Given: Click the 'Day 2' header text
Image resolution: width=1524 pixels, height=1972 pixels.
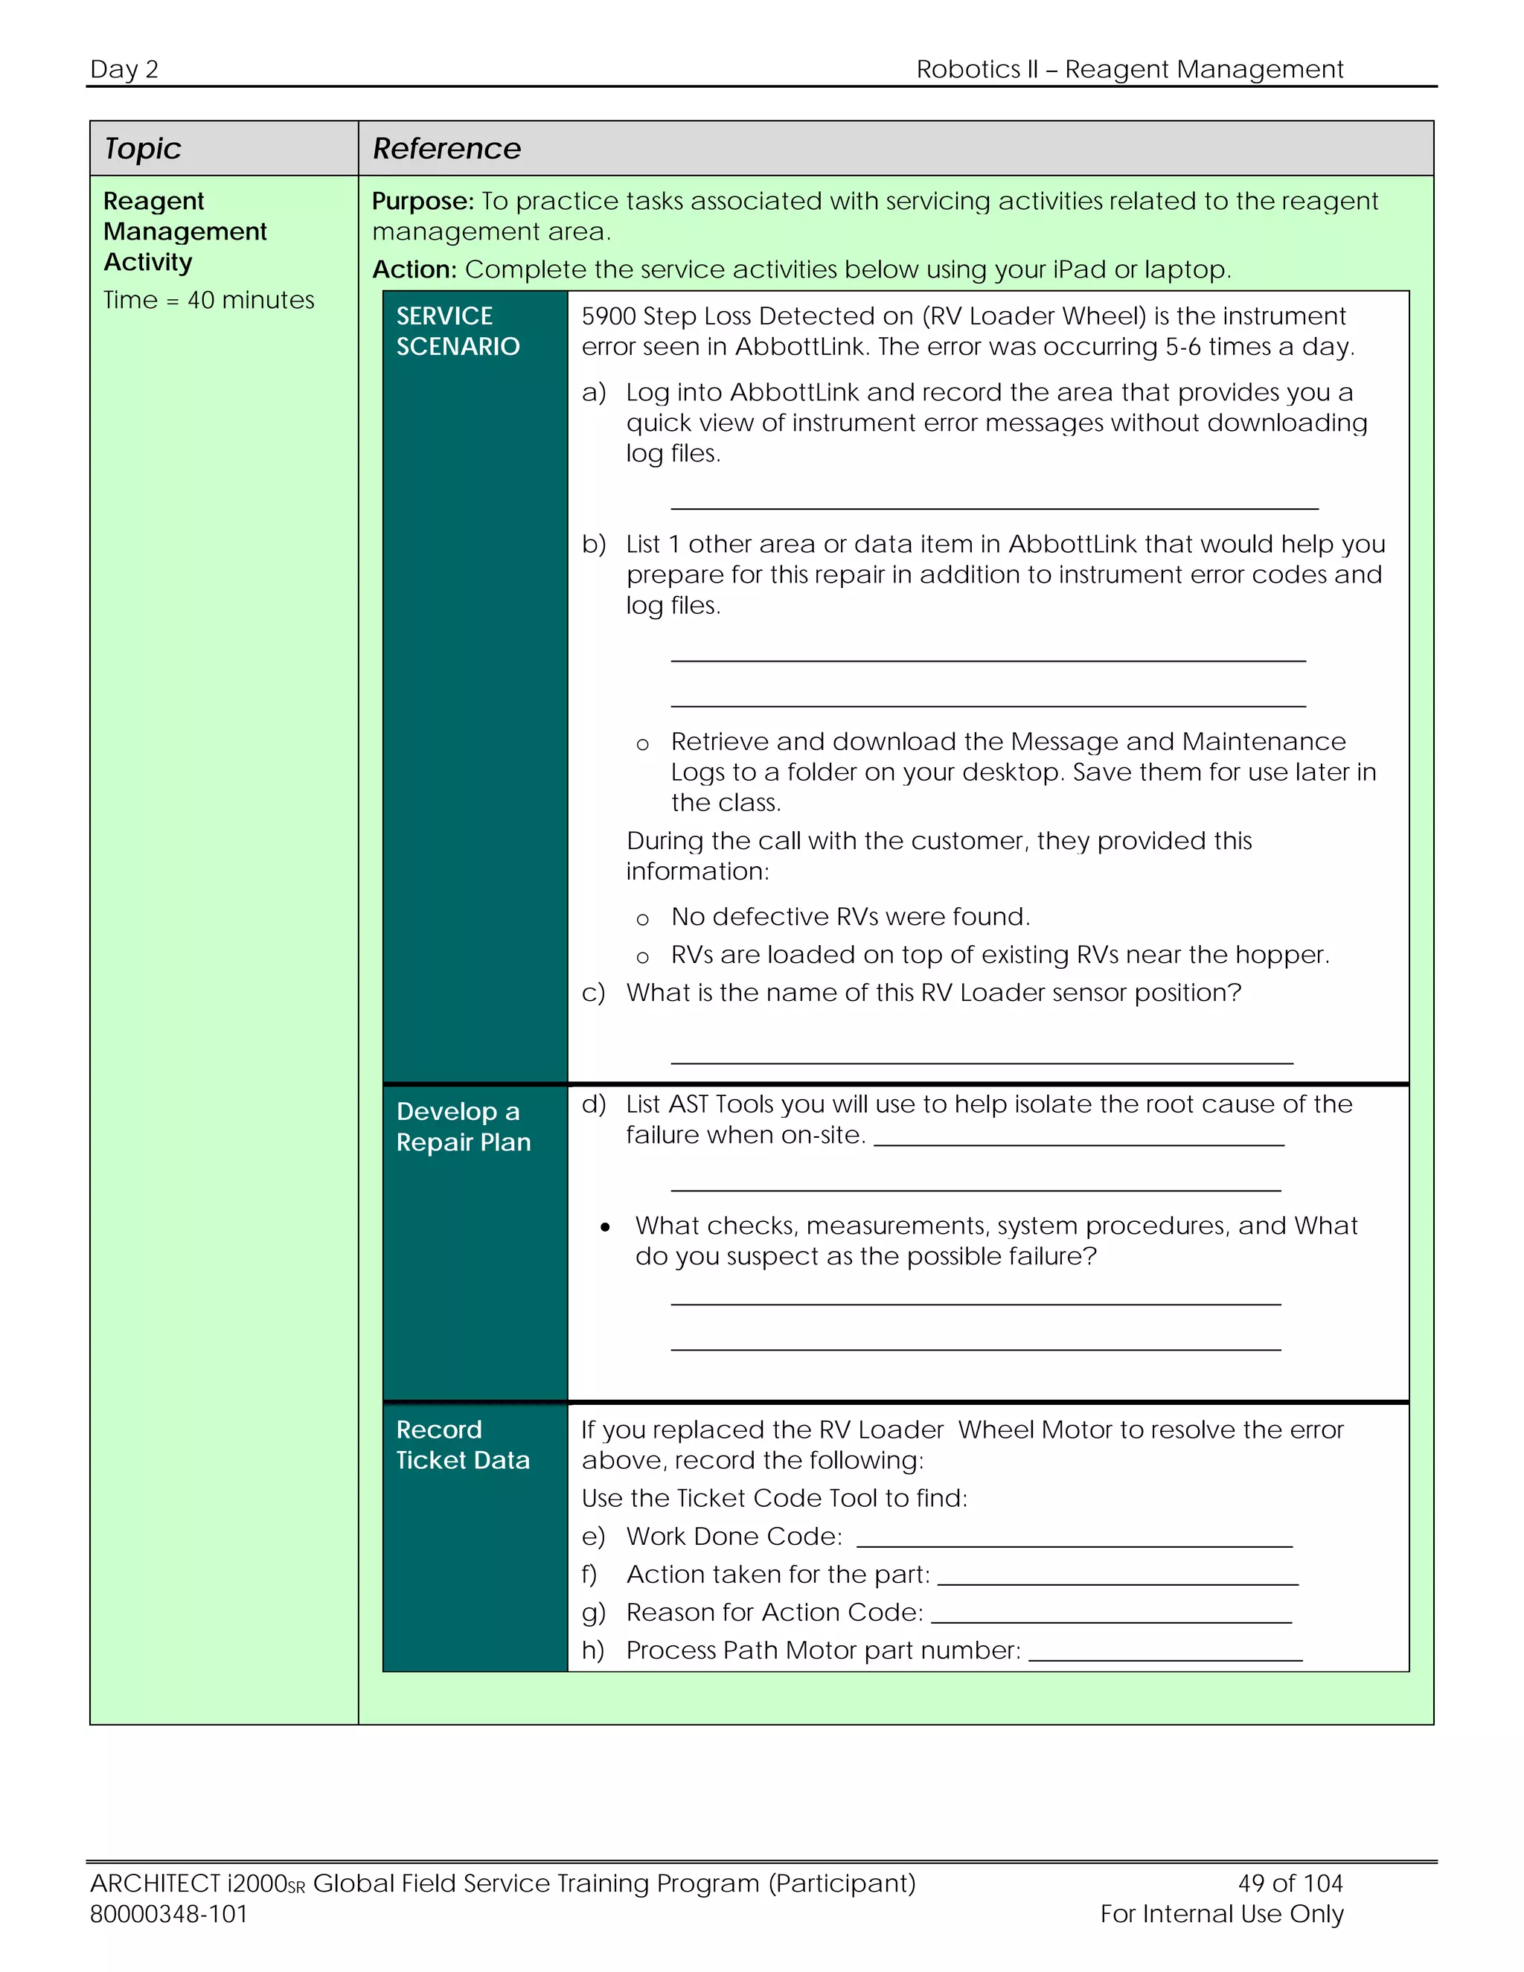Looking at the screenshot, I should tap(124, 69).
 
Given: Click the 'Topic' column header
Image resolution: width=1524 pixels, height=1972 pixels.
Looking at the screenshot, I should tap(143, 148).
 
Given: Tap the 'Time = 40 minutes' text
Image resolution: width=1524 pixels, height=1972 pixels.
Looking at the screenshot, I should tap(208, 300).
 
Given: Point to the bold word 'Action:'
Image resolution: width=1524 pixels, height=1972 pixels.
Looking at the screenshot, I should tap(414, 269).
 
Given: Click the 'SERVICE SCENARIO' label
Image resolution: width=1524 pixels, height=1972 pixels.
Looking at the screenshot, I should tap(458, 330).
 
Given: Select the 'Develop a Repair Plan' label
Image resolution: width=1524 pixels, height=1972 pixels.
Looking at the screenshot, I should tap(463, 1126).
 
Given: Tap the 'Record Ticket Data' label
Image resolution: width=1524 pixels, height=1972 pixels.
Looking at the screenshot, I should tap(462, 1444).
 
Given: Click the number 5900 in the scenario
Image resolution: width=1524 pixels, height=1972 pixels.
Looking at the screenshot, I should tap(609, 316).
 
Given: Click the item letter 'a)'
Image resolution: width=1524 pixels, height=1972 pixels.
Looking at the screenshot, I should tap(593, 392).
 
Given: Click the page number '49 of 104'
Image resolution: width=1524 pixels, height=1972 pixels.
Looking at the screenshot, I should tap(1290, 1883).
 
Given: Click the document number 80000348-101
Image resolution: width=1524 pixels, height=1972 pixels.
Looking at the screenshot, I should tap(169, 1913).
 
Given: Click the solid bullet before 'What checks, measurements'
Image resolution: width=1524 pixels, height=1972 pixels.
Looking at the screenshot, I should tap(605, 1226).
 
